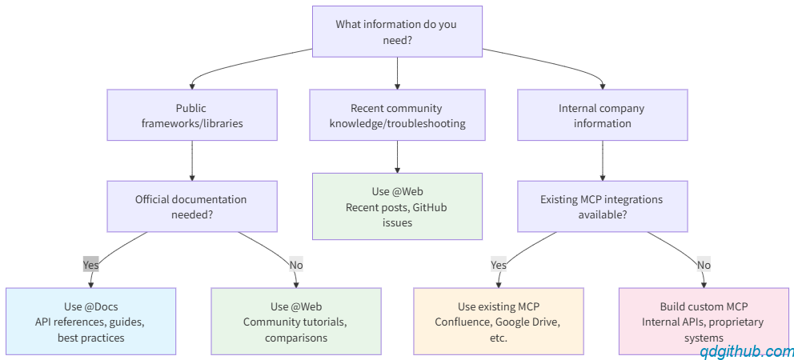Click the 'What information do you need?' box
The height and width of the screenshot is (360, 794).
[x=397, y=31]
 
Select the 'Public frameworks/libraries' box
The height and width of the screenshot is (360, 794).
[x=192, y=115]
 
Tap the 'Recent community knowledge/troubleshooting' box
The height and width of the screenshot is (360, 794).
[x=397, y=115]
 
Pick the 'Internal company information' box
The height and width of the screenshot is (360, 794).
[x=602, y=115]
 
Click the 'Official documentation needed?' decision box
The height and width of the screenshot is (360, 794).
[x=192, y=206]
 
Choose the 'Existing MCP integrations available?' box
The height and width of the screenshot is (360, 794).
[x=602, y=206]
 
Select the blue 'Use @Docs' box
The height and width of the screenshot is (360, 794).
[x=90, y=322]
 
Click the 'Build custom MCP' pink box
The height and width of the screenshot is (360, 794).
[x=704, y=322]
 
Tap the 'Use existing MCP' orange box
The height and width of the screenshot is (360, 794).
[x=499, y=322]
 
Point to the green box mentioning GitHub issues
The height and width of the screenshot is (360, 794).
[x=397, y=206]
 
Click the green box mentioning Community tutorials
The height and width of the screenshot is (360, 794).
[x=295, y=322]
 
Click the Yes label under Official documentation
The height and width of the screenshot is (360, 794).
[x=90, y=264]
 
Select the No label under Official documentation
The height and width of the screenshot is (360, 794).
[x=296, y=264]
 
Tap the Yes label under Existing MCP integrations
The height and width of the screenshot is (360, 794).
[x=499, y=264]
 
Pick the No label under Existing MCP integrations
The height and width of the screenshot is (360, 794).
[x=704, y=264]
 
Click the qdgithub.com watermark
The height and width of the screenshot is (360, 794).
[x=747, y=351]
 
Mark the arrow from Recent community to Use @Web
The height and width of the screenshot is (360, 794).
[x=397, y=157]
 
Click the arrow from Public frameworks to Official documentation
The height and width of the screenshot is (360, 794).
[x=192, y=161]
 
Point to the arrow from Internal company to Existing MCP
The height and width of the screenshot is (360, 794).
[x=602, y=161]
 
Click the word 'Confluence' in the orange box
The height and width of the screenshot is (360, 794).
[x=463, y=322]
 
